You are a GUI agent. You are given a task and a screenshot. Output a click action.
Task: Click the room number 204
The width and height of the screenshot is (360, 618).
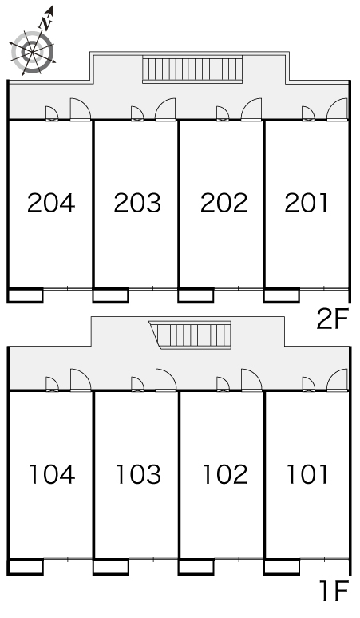pos(51,203)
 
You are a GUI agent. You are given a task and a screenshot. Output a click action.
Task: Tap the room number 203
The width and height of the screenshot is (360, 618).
pos(137,203)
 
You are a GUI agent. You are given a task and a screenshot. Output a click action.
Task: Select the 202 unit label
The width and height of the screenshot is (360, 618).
pos(224,203)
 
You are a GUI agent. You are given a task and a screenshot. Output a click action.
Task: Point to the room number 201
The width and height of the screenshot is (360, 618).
pos(307,203)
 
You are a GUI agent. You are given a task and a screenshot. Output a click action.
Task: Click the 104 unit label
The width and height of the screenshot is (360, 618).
pos(52,474)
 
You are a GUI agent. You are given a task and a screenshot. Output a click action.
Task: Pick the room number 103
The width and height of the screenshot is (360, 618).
pos(138,474)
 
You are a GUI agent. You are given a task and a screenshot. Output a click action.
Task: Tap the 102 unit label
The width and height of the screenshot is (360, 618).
pos(224,474)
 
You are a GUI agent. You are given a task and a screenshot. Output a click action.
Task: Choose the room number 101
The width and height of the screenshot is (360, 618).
pos(307,474)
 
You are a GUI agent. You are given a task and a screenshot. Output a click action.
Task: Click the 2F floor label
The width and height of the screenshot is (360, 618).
pos(333,319)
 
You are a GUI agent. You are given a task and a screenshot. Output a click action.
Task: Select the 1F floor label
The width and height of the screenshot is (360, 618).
pos(335,591)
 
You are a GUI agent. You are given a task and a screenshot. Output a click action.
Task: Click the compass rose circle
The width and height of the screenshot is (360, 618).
pos(31,52)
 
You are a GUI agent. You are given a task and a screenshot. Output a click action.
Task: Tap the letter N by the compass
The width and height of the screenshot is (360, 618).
pos(46,24)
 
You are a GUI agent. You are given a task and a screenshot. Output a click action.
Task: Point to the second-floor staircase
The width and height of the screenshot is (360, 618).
pos(192,69)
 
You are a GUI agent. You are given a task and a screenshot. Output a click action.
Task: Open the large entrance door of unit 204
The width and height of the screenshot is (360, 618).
pos(81,109)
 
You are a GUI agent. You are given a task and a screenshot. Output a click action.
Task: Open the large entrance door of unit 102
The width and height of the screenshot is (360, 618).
pos(251,380)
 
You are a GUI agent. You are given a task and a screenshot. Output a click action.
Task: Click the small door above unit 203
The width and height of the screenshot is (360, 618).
pos(137,113)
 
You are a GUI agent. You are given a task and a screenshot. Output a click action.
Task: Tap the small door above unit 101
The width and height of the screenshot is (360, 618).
pos(308,384)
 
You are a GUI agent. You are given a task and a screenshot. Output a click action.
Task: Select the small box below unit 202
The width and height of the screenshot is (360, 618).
pos(196,295)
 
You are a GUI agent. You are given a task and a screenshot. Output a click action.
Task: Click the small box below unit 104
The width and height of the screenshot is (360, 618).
pos(26,567)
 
